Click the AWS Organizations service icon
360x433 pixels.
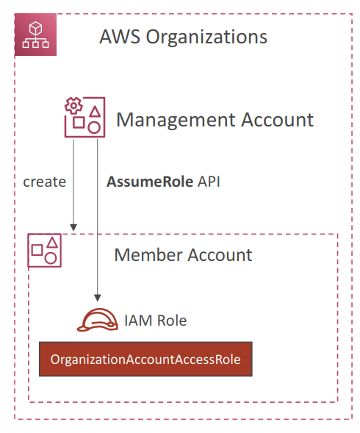pyautogui.click(x=35, y=35)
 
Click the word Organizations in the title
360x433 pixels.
pyautogui.click(x=206, y=37)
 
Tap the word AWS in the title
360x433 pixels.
pyautogui.click(x=120, y=37)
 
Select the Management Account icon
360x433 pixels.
pyautogui.click(x=84, y=117)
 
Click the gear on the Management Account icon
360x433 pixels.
pyautogui.click(x=73, y=105)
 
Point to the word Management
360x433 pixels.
pyautogui.click(x=176, y=121)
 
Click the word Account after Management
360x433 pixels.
pyautogui.click(x=278, y=120)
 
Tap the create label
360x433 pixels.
pyautogui.click(x=44, y=182)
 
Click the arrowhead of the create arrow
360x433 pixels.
pyautogui.click(x=73, y=228)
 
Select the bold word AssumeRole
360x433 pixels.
pyautogui.click(x=150, y=182)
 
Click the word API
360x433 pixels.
pyautogui.click(x=209, y=182)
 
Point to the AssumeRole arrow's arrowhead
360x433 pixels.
pyautogui.click(x=98, y=298)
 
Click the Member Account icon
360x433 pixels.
pyautogui.click(x=44, y=251)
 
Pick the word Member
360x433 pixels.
pyautogui.click(x=149, y=254)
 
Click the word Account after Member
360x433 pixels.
pyautogui.click(x=220, y=254)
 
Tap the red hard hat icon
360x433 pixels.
pyautogui.click(x=98, y=320)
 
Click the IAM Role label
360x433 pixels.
pyautogui.click(x=156, y=321)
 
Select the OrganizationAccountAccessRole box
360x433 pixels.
pyautogui.click(x=145, y=359)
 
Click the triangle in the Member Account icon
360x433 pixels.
pyautogui.click(x=52, y=243)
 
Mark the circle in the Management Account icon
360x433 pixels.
pyautogui.click(x=94, y=128)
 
